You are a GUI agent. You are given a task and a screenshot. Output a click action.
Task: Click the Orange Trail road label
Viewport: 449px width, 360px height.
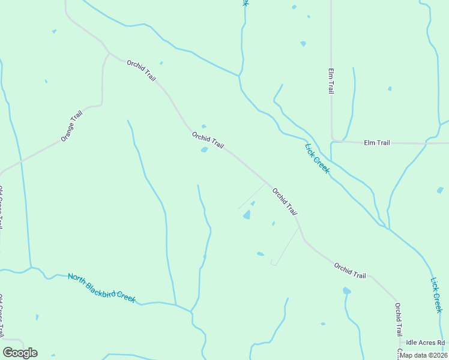coord(71,125)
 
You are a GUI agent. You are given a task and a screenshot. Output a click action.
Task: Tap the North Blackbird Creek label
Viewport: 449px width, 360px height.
coord(101,288)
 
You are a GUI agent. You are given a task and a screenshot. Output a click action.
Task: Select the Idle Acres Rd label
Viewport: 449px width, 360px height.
coord(425,343)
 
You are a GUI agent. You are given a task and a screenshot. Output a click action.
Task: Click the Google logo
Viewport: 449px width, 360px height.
coord(20,353)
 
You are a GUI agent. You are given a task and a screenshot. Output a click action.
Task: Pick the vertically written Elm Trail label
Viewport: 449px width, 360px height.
coord(331,81)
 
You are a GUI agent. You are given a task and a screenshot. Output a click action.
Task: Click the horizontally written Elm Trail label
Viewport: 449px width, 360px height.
coord(377,143)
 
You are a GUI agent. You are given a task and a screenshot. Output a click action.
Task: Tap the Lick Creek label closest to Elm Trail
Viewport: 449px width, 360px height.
coord(317,158)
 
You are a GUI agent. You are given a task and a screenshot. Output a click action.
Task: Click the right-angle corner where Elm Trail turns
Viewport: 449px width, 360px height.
coord(332,142)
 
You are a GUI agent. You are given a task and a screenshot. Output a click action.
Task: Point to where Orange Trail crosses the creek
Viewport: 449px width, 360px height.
coord(21,161)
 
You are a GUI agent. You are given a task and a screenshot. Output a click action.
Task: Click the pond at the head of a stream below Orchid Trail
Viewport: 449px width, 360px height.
coord(346,291)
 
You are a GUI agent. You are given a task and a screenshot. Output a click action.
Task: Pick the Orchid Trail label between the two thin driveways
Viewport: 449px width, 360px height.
coord(285,202)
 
